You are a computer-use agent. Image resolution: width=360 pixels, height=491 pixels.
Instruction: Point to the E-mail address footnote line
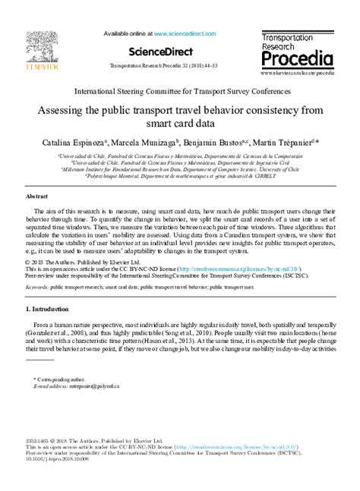pos(74,386)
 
